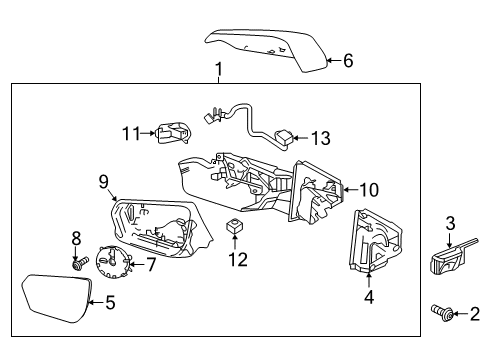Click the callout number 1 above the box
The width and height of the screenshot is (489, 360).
[x=219, y=69]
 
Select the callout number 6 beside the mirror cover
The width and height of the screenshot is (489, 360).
[x=348, y=61]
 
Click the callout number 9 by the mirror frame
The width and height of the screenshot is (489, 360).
[x=102, y=182]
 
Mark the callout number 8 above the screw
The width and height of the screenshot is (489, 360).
[x=75, y=238]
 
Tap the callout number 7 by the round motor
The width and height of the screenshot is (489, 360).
[x=151, y=264]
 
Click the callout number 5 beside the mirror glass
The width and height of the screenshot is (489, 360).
[x=111, y=301]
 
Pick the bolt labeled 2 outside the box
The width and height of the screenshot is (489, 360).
[x=441, y=314]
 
